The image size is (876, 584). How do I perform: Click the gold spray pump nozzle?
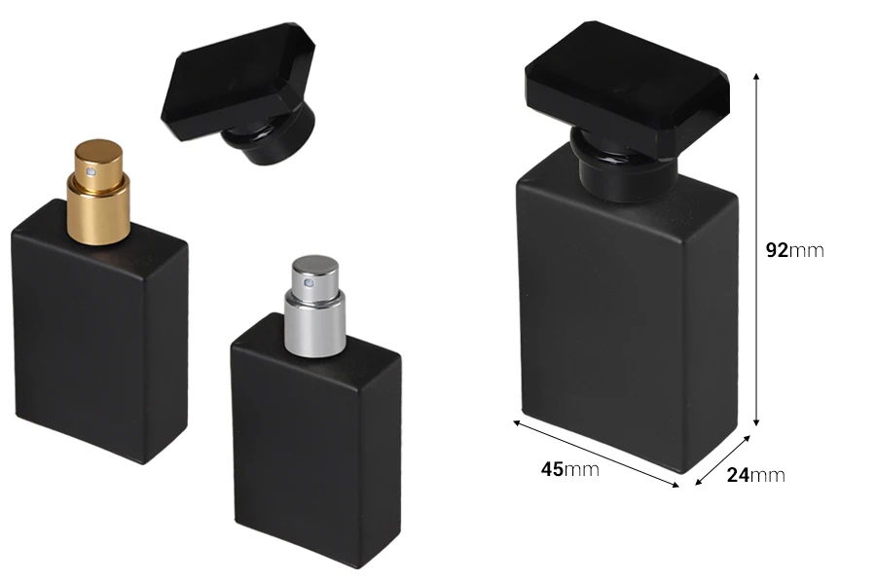point(98,192)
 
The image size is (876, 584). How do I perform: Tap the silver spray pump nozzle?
point(315,306)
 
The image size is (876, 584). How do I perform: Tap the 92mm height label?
point(794,250)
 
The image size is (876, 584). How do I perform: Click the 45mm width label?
point(569,469)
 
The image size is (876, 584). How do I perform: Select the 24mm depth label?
point(756,475)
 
